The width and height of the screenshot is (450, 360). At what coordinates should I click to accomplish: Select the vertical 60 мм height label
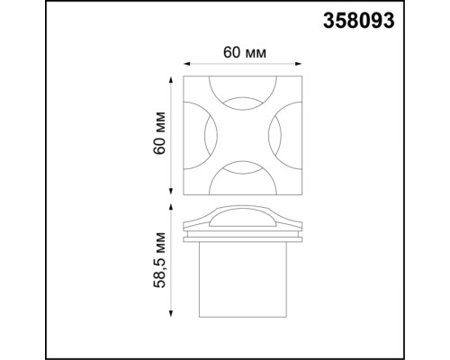[x=160, y=135]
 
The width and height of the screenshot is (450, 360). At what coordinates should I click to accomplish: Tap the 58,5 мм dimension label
[x=160, y=262]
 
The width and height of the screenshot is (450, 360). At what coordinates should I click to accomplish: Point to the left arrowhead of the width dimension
[x=187, y=63]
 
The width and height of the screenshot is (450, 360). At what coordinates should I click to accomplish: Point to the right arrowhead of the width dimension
[x=300, y=63]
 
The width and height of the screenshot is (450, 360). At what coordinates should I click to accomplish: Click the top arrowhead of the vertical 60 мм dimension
[x=172, y=80]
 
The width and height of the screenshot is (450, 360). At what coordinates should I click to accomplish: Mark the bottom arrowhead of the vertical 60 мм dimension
[x=172, y=191]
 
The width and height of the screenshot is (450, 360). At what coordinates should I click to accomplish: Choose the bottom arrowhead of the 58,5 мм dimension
[x=172, y=317]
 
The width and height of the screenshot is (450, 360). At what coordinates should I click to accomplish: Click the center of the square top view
[x=243, y=135]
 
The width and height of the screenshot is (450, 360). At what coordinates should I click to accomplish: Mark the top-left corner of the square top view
[x=184, y=77]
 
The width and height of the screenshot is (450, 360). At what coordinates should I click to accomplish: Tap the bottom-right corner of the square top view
[x=301, y=193]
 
